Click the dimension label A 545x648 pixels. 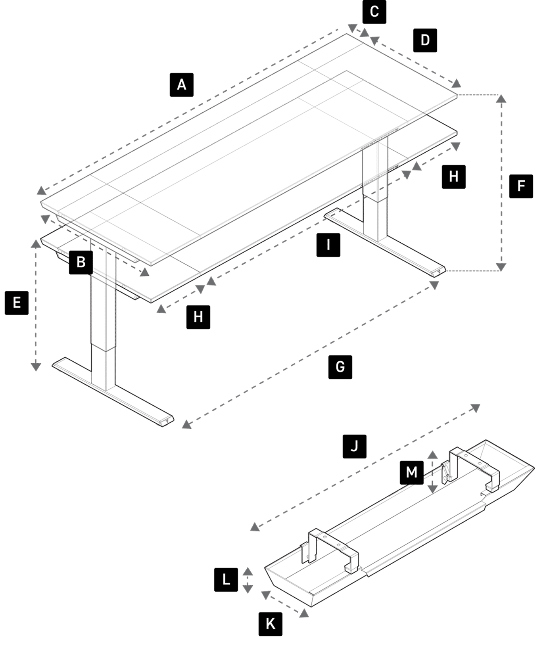[181, 84]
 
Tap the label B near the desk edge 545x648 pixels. [81, 262]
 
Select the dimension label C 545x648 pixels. [374, 12]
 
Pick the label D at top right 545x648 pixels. [425, 40]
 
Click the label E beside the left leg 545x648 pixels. [17, 303]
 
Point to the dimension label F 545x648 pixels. [521, 186]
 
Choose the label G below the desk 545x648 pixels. [340, 367]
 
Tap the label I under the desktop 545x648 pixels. [328, 245]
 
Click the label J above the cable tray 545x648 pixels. [354, 446]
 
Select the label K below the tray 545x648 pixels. [271, 624]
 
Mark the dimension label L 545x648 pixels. [226, 580]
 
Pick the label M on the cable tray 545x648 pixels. [411, 472]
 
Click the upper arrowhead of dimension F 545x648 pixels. [501, 99]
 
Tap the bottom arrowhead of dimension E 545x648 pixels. [36, 367]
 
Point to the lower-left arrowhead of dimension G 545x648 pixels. [186, 425]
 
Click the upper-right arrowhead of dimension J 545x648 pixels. [475, 408]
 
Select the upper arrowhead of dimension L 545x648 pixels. [248, 571]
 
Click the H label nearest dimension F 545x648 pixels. [453, 176]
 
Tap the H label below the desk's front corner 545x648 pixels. [198, 317]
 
